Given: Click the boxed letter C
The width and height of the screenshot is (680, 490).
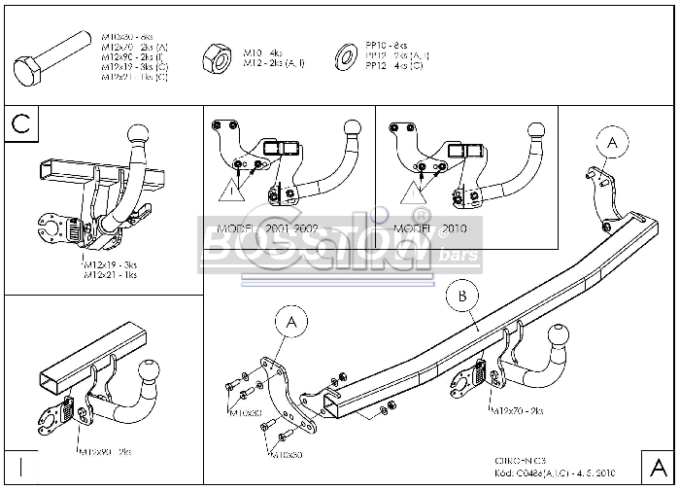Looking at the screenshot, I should [x=24, y=124].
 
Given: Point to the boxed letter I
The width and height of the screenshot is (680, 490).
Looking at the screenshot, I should [x=19, y=464].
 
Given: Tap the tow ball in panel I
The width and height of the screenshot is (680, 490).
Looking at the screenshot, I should [x=151, y=370].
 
